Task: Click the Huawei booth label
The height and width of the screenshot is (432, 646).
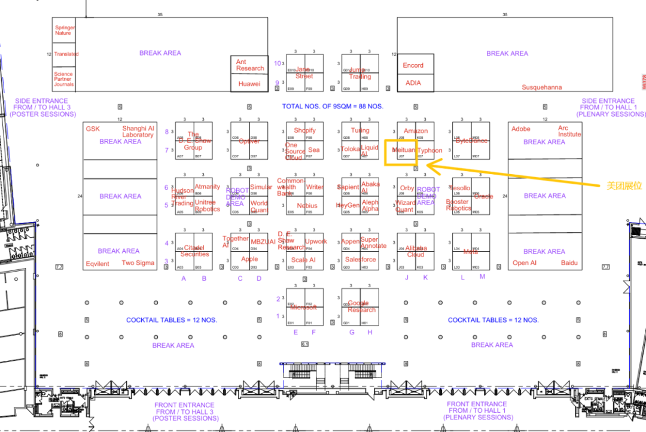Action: (x=249, y=84)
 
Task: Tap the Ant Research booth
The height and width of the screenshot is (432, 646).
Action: (x=249, y=65)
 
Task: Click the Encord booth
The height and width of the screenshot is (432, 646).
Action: (x=413, y=65)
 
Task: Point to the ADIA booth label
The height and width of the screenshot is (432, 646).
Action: (x=413, y=83)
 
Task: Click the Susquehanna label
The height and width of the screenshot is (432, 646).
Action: (x=542, y=87)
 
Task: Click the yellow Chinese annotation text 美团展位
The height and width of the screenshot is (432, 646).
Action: (x=624, y=186)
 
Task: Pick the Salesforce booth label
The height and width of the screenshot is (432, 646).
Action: (x=361, y=260)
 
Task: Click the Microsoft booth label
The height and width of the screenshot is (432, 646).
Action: (x=304, y=308)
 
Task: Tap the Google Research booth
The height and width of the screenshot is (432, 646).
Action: (x=361, y=306)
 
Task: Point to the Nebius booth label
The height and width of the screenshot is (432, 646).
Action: (x=307, y=206)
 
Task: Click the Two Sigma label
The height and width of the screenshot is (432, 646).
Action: (x=138, y=263)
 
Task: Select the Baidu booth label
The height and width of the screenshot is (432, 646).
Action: (x=569, y=263)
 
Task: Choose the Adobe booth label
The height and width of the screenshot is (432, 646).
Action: (x=521, y=129)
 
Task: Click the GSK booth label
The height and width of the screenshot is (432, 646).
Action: (x=93, y=129)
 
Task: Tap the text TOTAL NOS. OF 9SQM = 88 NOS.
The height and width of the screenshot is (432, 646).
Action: (x=333, y=107)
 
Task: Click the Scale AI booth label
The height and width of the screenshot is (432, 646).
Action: (x=303, y=260)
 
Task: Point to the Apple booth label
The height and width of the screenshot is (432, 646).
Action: (x=249, y=259)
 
